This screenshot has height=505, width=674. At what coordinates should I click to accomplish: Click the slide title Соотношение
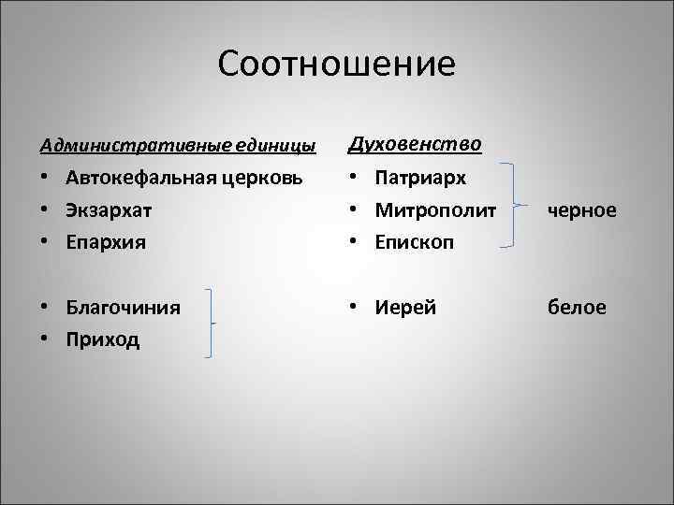[x=336, y=65]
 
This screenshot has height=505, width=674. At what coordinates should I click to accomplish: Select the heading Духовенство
[x=414, y=145]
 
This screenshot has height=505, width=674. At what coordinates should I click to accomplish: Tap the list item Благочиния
[x=124, y=307]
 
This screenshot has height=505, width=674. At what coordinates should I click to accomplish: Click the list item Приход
[x=103, y=339]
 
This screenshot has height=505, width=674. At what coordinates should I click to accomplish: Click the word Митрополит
[x=435, y=210]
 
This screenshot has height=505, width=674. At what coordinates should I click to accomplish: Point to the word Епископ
[x=415, y=242]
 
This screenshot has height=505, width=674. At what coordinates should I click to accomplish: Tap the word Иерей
[x=406, y=307]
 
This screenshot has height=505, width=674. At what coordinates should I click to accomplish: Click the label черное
[x=583, y=210]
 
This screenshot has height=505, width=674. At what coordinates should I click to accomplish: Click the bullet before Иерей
[x=355, y=307]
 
